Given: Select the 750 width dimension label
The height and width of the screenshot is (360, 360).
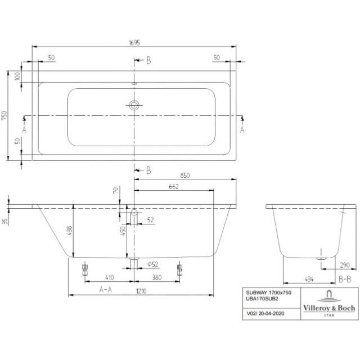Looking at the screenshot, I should coord(4,115).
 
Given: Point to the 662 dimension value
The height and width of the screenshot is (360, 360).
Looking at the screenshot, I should coord(174,186).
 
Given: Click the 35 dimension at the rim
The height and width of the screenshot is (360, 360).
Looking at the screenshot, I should coord(4,222).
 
